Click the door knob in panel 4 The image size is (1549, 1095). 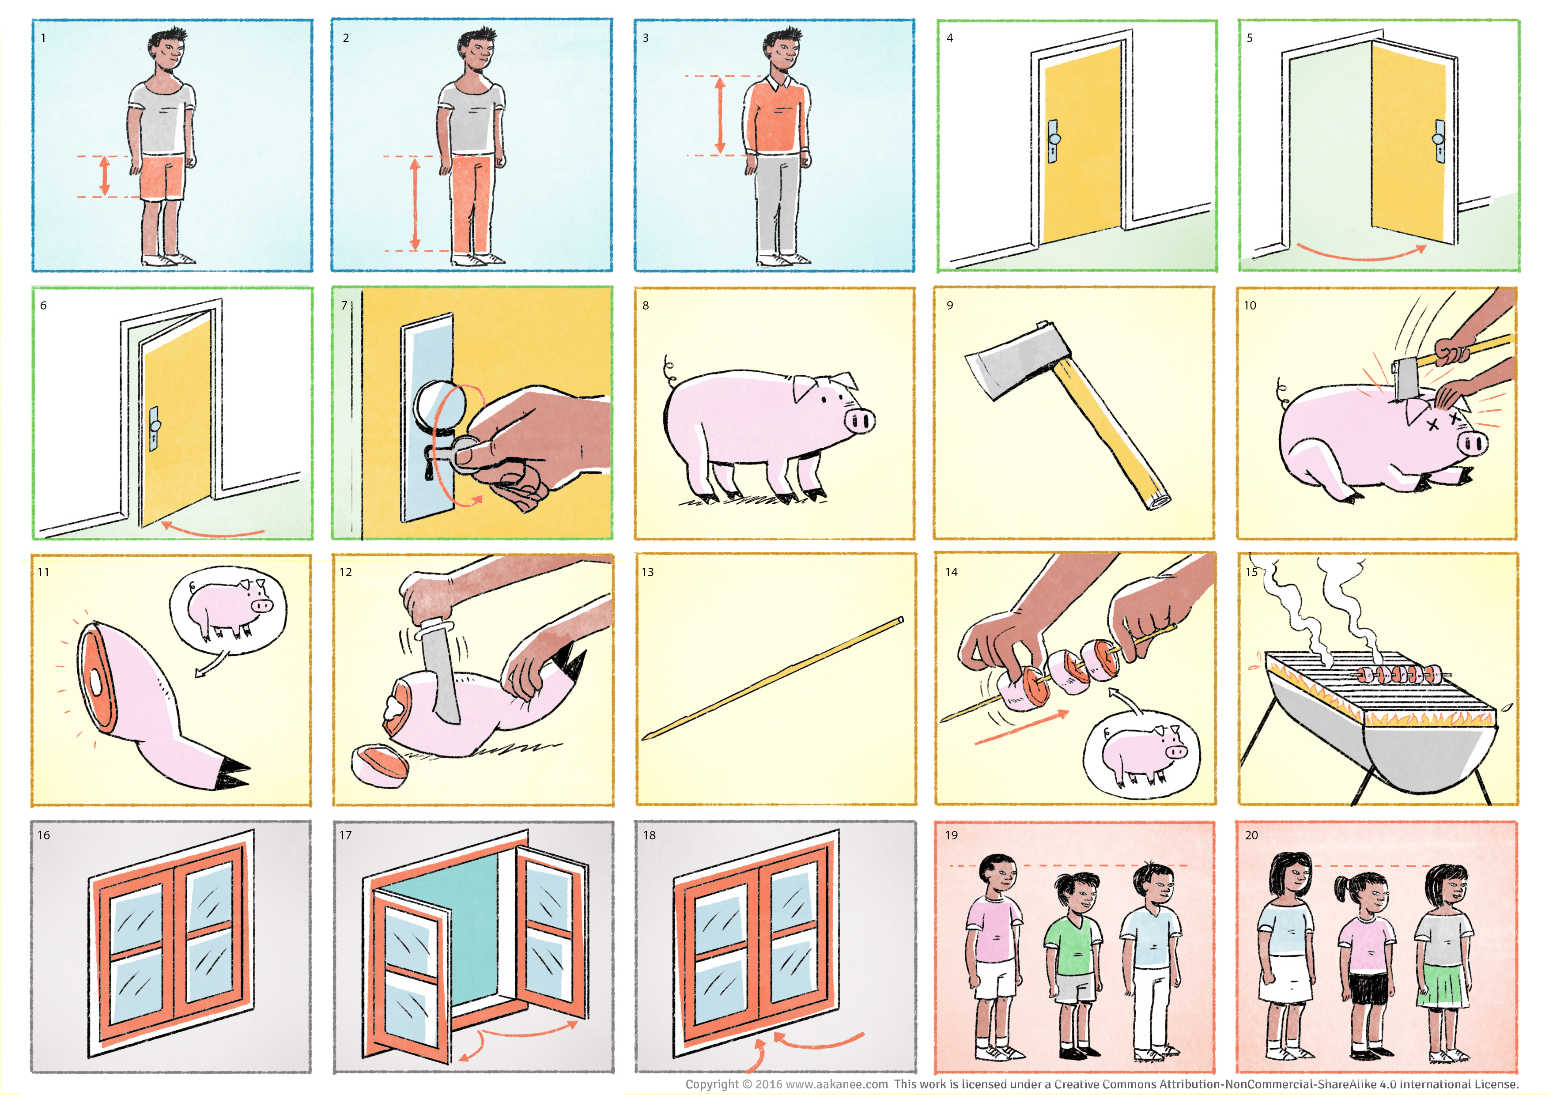[x=1054, y=140]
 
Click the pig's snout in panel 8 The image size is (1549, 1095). [x=860, y=422]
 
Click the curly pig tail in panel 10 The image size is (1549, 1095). [x=1282, y=390]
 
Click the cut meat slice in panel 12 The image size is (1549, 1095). [x=380, y=765]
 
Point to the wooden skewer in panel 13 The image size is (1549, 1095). [x=772, y=678]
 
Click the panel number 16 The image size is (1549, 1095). [x=44, y=835]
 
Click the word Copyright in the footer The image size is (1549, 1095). [x=712, y=1084]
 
